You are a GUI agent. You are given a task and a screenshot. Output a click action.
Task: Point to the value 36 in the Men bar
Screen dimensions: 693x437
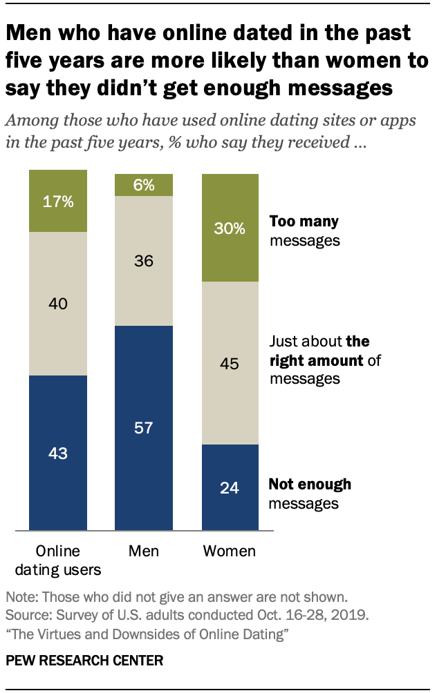click(144, 262)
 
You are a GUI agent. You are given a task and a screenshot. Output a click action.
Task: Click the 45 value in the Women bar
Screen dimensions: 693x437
click(230, 364)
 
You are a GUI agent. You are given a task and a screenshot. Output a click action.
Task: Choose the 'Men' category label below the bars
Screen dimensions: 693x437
click(144, 551)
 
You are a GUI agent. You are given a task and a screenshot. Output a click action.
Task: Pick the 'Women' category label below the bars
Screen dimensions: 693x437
click(230, 551)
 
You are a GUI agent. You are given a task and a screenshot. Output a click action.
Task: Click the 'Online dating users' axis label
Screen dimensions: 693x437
click(57, 560)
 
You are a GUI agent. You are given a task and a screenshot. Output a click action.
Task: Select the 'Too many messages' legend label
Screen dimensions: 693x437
click(305, 231)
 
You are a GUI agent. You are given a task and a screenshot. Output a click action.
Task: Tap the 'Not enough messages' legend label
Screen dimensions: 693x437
click(310, 494)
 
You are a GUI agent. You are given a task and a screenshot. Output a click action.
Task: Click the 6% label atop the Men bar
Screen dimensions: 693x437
click(144, 185)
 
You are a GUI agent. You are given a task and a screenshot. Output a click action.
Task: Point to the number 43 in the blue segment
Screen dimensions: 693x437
click(57, 453)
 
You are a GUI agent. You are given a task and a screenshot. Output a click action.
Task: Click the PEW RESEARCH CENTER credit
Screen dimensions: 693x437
click(84, 661)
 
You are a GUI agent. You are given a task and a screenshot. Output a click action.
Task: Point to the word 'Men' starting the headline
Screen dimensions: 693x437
click(30, 33)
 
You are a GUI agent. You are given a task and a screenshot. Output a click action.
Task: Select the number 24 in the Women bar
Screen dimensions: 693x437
click(230, 488)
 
